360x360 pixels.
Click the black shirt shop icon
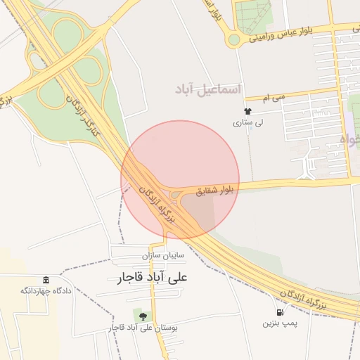coord(247,111)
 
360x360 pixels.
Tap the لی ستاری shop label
coord(247,122)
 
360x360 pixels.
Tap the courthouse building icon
coord(46,280)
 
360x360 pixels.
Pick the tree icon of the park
coord(143,315)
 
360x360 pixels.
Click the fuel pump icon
coord(281,312)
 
